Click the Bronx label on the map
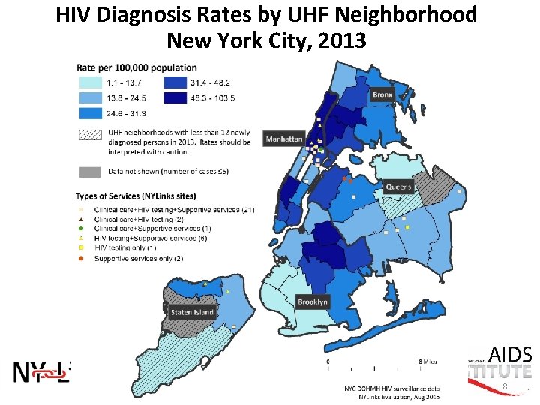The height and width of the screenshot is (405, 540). pos(382,95)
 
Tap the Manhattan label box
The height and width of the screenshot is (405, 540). pos(284,139)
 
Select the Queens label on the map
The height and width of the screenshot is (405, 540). pos(398,187)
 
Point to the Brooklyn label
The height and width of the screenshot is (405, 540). pos(313,301)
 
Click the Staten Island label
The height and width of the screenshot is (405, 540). pos(192,312)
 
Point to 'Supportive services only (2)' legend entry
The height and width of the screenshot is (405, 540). pos(138,259)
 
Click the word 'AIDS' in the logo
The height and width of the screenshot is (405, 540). pos(510,355)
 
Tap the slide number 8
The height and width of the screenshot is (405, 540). pos(505,387)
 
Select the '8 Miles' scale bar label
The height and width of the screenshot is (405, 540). pos(427,361)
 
